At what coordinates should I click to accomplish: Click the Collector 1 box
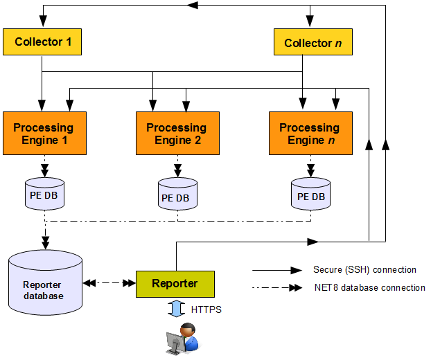point(42,42)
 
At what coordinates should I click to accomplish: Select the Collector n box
point(313,43)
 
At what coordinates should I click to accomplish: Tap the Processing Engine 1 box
point(44,134)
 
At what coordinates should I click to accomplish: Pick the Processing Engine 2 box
point(176,134)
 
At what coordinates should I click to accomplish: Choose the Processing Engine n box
point(309,134)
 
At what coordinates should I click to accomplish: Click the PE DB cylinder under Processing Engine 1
point(44,195)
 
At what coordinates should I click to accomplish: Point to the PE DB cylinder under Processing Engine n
point(310,196)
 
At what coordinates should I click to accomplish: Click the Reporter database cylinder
point(45,284)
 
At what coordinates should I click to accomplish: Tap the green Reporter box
point(175,284)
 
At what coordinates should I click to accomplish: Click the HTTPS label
point(206,310)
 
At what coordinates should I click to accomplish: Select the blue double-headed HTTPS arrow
point(175,309)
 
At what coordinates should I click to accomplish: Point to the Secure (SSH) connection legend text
point(364,270)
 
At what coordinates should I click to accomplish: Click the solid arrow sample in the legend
point(277,270)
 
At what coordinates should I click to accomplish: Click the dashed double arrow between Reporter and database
point(109,283)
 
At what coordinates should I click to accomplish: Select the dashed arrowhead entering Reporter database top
point(45,243)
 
